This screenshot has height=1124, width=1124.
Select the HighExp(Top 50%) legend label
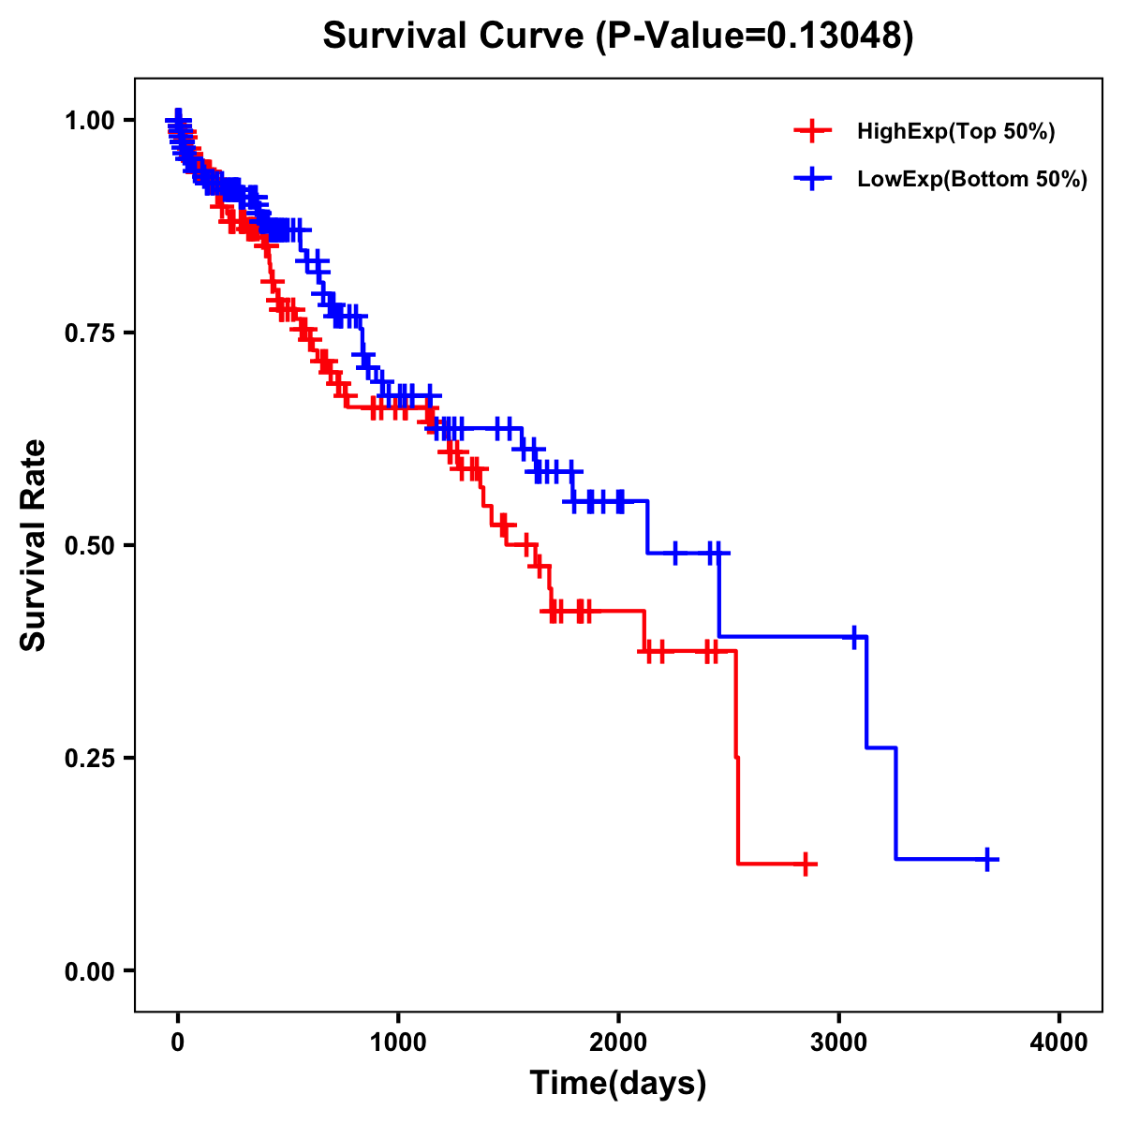pos(956,132)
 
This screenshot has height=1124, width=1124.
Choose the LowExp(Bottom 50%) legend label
pos(972,180)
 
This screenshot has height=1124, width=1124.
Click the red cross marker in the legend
pos(812,131)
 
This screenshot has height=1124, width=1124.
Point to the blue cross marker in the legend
pos(812,179)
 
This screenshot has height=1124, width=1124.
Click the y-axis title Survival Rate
pos(34,544)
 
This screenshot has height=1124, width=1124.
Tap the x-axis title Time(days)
pos(618,1084)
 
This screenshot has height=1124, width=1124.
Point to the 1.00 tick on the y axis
pos(89,120)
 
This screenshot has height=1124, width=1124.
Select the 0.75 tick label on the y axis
pos(89,333)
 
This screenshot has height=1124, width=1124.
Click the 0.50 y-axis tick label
pos(89,545)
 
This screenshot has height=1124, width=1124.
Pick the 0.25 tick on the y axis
pos(89,758)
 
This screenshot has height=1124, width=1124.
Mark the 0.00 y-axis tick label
pos(89,970)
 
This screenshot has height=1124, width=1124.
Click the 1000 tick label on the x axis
pos(398,1043)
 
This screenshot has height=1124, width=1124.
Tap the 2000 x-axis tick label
pos(618,1043)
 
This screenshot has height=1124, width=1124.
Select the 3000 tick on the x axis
pos(839,1043)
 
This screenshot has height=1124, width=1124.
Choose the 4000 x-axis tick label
pos(1059,1043)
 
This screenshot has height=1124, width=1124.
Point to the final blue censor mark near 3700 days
pos(987,859)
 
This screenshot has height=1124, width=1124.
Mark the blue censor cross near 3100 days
pos(853,636)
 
